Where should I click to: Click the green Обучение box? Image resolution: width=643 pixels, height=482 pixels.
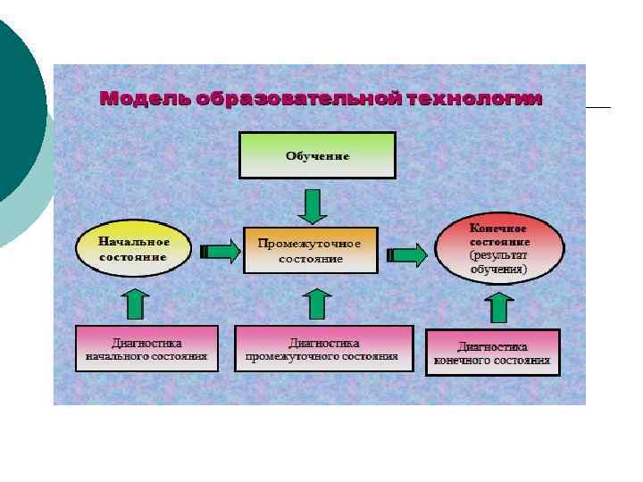point(317,155)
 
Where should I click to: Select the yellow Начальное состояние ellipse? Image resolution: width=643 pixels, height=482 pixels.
point(133,248)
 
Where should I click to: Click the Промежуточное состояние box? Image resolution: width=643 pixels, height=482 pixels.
point(311,250)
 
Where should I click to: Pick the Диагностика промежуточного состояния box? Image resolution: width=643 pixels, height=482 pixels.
point(323,348)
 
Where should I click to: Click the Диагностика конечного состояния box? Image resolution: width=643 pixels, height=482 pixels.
point(492,353)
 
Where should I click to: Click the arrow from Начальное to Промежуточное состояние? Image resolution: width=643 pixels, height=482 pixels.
point(220,252)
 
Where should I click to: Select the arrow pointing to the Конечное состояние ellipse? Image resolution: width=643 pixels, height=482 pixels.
point(409,254)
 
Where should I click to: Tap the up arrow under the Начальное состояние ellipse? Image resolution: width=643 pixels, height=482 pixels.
point(135,303)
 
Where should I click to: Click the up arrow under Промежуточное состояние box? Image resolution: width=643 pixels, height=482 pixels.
point(315,303)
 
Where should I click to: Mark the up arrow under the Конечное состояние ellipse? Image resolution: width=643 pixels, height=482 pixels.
point(499,306)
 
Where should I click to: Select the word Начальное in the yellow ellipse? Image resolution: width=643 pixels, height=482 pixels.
point(133,241)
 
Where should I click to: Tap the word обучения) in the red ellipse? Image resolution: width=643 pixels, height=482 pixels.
point(500,269)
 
